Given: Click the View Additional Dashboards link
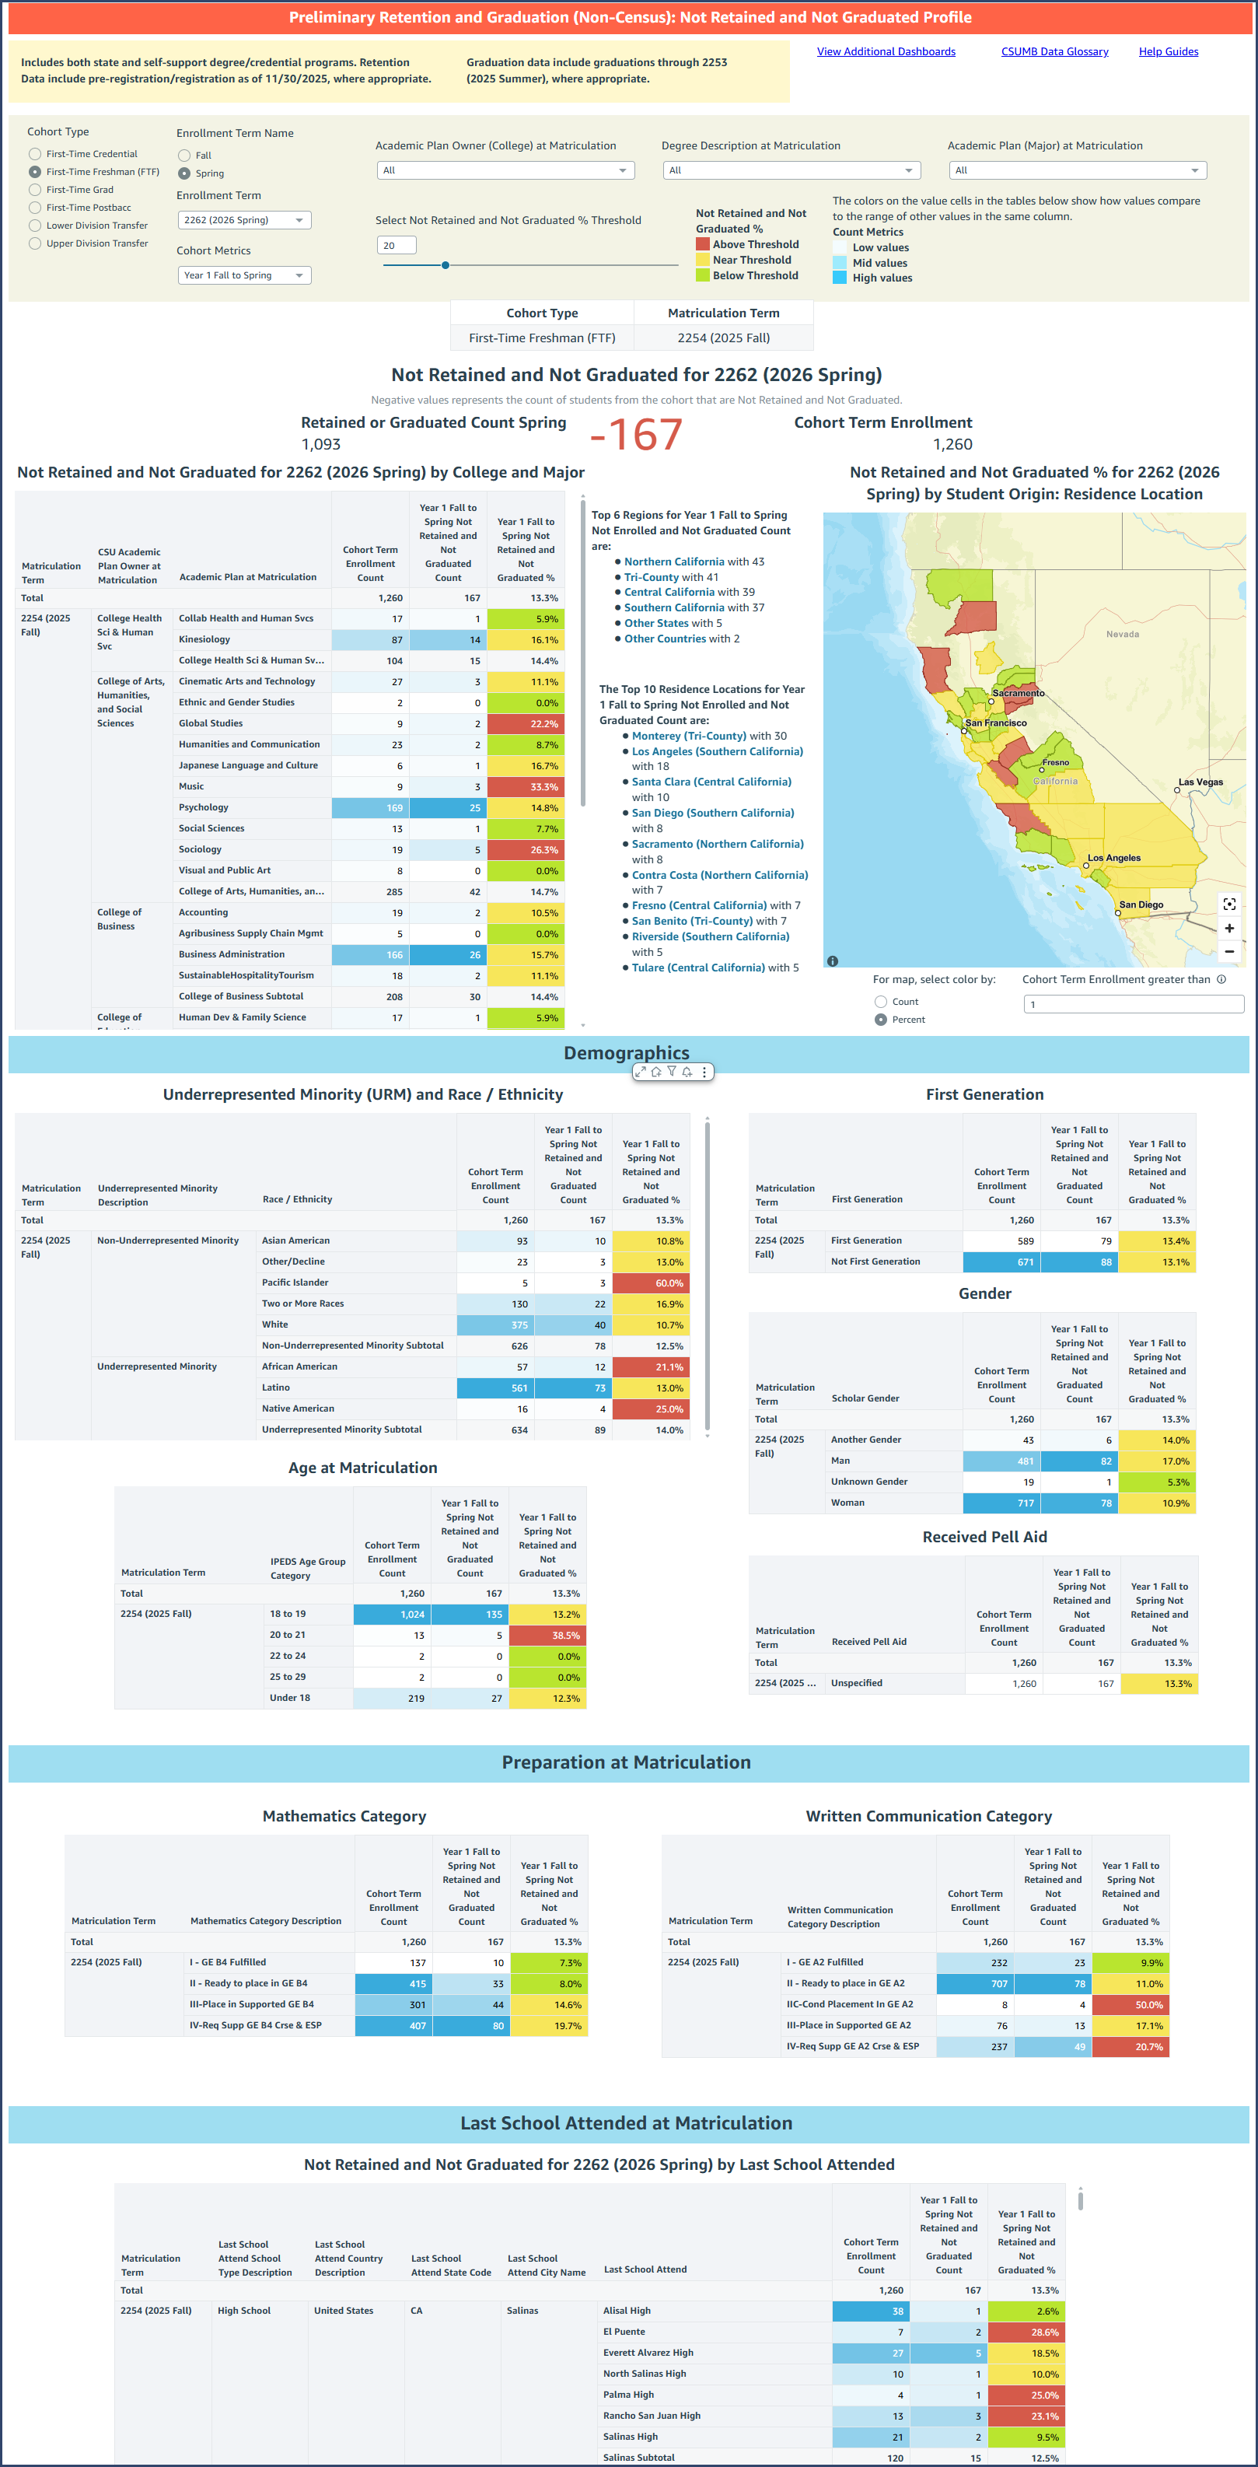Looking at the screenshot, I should coord(886,51).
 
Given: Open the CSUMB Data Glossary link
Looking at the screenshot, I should coord(1054,51).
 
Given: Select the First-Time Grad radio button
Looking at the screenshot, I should coord(36,190).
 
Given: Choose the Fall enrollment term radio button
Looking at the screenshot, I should coord(183,155).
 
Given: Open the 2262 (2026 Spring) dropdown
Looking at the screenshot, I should coord(244,220).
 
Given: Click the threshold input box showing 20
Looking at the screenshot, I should coord(397,245).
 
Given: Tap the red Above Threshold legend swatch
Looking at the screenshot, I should coord(703,244).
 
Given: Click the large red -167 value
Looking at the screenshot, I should coord(636,435).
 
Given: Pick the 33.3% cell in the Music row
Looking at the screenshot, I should coord(526,787).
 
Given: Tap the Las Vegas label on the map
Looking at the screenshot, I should coord(1200,782).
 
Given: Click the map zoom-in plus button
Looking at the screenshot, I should coord(1229,928).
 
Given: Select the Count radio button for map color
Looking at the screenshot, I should coord(881,1002).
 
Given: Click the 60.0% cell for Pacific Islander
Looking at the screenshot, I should coord(651,1283).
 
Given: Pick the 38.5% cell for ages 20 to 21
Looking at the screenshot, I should coord(547,1636).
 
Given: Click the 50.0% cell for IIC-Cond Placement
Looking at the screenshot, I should coord(1130,2004).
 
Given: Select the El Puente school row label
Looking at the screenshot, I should coord(624,2332).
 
